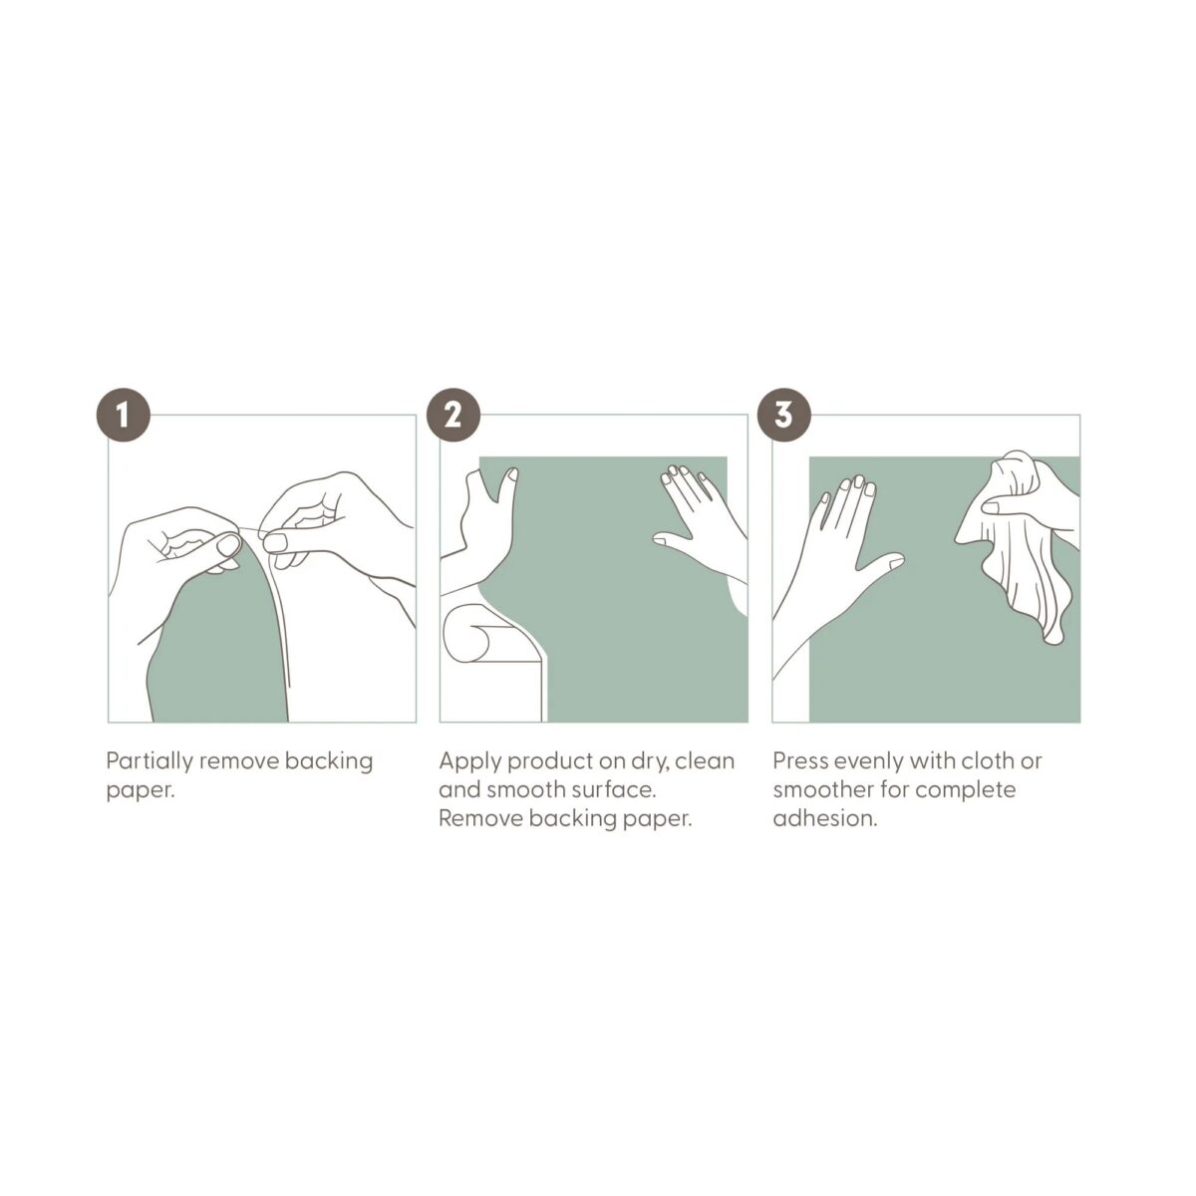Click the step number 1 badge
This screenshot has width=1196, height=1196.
click(x=124, y=416)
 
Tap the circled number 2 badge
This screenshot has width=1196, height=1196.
click(x=453, y=416)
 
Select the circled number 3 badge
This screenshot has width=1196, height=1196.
click(x=784, y=416)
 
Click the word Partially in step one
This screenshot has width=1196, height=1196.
click(x=149, y=762)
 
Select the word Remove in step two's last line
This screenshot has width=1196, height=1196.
click(x=481, y=818)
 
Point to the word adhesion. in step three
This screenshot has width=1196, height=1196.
click(x=825, y=818)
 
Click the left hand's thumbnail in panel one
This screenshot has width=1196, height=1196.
click(x=227, y=545)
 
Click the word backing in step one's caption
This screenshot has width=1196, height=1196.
click(x=329, y=762)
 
